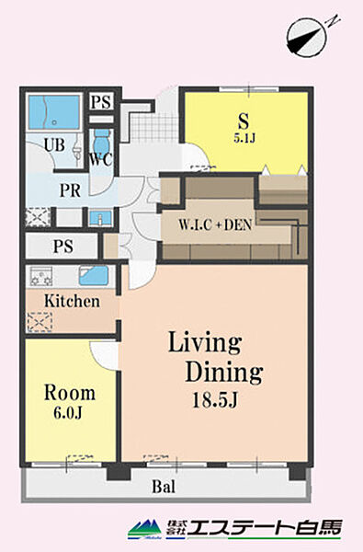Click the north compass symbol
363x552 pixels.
coord(307,38)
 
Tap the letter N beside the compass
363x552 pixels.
coord(333,20)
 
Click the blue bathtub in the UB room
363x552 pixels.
coord(54,112)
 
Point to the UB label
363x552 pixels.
coord(54,144)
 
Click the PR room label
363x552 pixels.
coord(71,190)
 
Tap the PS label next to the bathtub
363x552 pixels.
coord(101,102)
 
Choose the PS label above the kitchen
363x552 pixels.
coord(63,246)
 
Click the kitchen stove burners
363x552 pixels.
coord(41,276)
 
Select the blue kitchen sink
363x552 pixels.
coord(94,276)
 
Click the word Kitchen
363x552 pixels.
coord(72,302)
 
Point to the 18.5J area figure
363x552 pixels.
coord(215,400)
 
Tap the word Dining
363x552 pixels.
coord(224,373)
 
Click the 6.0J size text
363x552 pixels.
coord(68,412)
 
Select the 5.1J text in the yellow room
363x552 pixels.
coord(244,137)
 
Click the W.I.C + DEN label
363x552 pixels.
coord(215,225)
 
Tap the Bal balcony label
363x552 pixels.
coord(164,488)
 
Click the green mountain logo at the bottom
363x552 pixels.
coord(145,529)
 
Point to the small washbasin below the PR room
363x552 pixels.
coord(100,219)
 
